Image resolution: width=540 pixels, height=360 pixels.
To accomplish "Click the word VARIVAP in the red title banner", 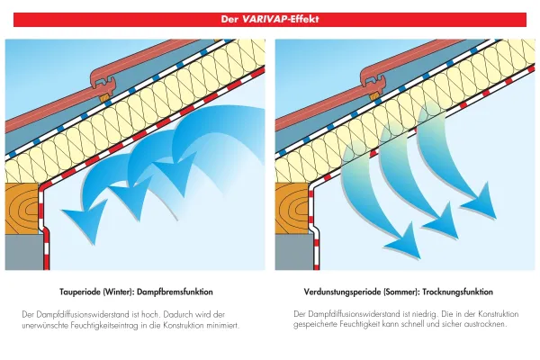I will click(267, 19).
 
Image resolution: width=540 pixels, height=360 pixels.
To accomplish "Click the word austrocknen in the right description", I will click(485, 324).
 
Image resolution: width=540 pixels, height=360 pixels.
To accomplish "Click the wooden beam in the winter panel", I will click(22, 211).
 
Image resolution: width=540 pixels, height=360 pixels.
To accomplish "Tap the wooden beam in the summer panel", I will click(292, 211).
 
